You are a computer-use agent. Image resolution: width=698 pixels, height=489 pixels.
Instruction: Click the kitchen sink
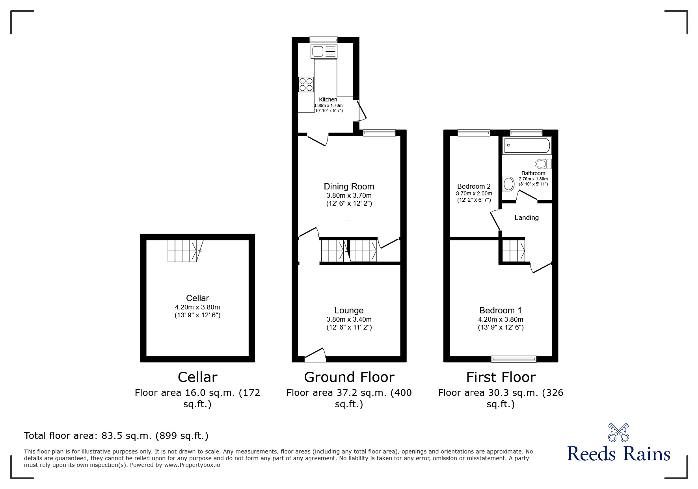point(324,51)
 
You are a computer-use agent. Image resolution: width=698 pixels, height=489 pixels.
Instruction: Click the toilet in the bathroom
point(543,164)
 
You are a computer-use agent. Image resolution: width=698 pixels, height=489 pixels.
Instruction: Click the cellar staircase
point(182,251)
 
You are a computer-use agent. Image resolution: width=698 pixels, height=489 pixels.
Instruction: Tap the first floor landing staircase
point(513,250)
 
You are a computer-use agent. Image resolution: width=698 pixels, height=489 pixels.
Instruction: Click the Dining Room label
point(349,186)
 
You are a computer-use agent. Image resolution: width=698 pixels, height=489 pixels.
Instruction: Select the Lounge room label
point(349,311)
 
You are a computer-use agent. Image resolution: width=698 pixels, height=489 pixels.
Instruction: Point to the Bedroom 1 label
point(501,311)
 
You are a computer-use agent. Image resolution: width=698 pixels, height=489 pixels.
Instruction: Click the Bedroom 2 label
point(474,186)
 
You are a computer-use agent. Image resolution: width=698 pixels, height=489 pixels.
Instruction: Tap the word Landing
point(527,217)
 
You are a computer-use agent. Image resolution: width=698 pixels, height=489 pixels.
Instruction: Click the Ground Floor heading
point(349,377)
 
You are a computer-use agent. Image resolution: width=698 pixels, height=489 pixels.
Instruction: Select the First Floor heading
point(501,377)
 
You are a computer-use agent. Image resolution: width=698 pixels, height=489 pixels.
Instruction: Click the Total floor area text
point(116,436)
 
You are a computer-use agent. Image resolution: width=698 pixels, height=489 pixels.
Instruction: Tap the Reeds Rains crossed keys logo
point(618,432)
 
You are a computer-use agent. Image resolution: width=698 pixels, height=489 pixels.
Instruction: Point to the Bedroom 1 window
point(514,359)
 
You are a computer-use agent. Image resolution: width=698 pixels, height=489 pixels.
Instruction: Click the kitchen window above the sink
point(324,39)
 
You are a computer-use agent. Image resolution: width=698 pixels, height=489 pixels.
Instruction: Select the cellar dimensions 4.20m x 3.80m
point(197,307)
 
